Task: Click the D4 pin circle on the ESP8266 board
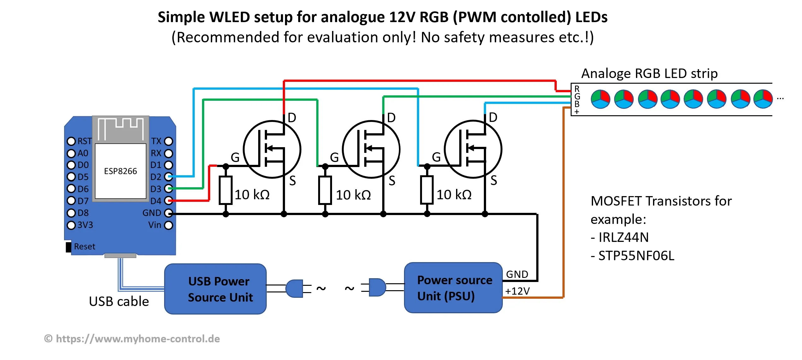(x=169, y=201)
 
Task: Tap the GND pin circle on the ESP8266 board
(x=169, y=213)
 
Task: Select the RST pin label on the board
(x=85, y=141)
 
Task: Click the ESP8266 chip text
(x=121, y=171)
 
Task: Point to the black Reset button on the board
(x=68, y=247)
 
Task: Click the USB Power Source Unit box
(x=215, y=289)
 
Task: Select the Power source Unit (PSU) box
(x=453, y=288)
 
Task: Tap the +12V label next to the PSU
(x=517, y=291)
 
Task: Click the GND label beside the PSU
(x=517, y=274)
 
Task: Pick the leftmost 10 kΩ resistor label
(x=252, y=195)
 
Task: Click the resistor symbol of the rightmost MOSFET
(x=427, y=190)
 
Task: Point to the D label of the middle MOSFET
(x=391, y=118)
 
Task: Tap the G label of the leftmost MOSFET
(x=235, y=157)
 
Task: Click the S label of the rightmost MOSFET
(x=494, y=181)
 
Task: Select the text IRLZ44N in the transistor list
(x=623, y=237)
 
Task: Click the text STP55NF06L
(x=636, y=256)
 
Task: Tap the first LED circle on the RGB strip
(x=600, y=99)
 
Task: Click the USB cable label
(x=119, y=302)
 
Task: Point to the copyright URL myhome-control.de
(x=138, y=339)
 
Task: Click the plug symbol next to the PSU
(x=377, y=287)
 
